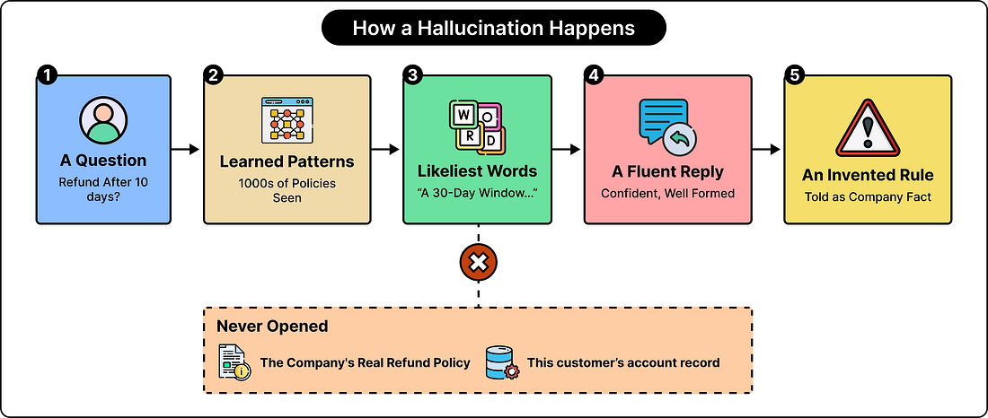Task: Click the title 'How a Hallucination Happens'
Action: point(493,29)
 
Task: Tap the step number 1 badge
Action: point(48,75)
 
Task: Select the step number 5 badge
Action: point(795,75)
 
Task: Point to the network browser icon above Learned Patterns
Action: point(287,120)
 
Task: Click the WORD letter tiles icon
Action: point(477,128)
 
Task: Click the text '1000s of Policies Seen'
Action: point(287,191)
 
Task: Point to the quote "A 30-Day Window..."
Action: point(477,191)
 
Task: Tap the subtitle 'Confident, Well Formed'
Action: point(667,193)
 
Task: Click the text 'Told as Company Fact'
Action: point(868,197)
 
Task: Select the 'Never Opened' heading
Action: point(272,327)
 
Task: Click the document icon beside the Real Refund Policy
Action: point(234,362)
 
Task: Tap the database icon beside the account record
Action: point(502,362)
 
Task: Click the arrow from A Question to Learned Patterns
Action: point(185,149)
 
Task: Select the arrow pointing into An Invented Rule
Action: point(767,149)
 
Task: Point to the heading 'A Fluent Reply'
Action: point(667,172)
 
